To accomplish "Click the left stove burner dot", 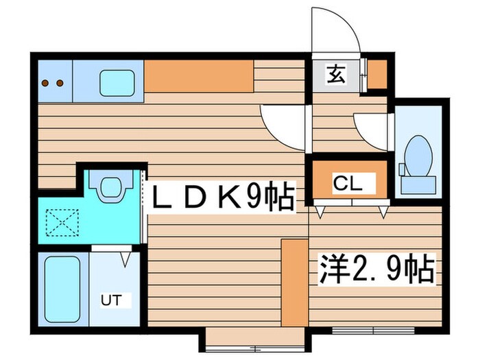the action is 45,83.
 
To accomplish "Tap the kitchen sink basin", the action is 117,83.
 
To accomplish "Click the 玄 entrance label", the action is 336,75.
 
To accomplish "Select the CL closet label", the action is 347,184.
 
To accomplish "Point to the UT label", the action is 111,300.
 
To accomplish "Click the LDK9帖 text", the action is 223,196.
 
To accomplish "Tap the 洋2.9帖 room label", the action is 377,269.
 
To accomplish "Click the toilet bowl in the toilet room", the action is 418,157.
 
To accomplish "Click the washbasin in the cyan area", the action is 111,186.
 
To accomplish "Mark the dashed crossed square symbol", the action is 62,222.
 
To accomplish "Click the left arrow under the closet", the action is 320,212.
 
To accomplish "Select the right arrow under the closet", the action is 383,212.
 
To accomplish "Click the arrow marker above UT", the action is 125,259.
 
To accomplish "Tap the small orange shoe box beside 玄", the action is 377,74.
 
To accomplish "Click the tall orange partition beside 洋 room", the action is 294,283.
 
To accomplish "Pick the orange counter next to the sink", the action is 199,76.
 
